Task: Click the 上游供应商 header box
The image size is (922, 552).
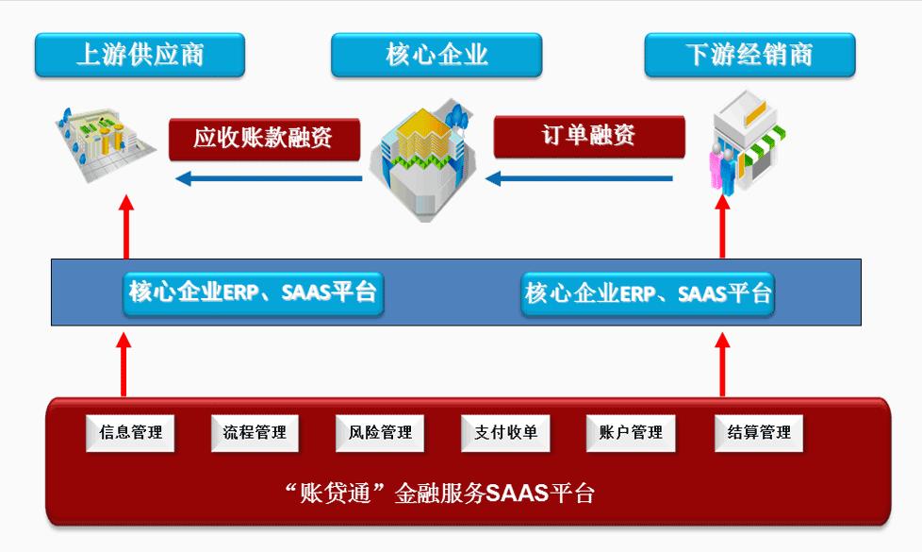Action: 140,55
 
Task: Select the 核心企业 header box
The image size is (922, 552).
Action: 436,55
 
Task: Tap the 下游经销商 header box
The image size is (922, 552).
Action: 749,55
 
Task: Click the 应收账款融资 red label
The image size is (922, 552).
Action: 264,139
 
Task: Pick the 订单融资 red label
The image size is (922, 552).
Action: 589,137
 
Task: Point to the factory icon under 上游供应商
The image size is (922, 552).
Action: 105,143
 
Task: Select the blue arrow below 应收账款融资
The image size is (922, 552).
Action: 269,178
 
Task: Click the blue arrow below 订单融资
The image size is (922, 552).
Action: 579,178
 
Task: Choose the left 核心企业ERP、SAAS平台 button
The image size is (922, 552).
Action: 254,293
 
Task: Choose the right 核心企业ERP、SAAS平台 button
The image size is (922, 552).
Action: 648,293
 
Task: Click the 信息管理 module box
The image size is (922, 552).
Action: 130,433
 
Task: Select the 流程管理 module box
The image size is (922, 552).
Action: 255,433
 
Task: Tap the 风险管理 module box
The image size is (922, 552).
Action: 380,433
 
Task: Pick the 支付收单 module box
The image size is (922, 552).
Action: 505,433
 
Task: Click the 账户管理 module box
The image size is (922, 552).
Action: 631,433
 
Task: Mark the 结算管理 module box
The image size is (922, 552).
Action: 759,433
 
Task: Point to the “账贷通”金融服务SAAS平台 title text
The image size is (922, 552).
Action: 439,493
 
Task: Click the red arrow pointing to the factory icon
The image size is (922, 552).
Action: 125,227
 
